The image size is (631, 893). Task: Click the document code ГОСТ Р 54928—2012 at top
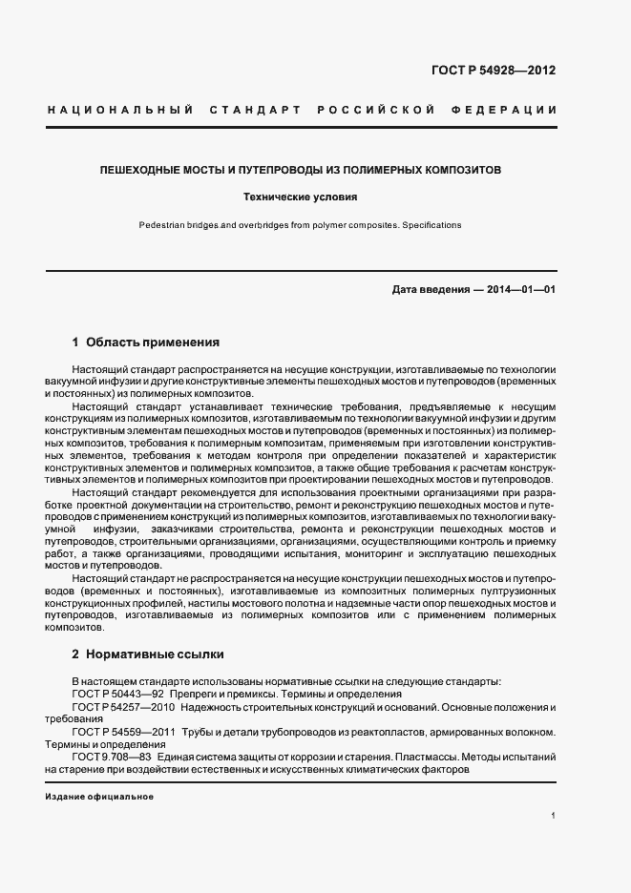(x=494, y=71)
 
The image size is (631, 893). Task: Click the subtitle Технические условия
(x=300, y=197)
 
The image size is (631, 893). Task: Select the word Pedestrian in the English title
(x=162, y=226)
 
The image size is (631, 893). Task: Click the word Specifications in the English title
(x=431, y=226)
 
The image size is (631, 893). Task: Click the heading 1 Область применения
(x=146, y=342)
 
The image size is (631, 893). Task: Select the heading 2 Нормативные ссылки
(x=148, y=654)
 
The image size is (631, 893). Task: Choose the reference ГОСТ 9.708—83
(x=112, y=757)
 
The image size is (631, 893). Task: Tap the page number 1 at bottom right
(x=554, y=817)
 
